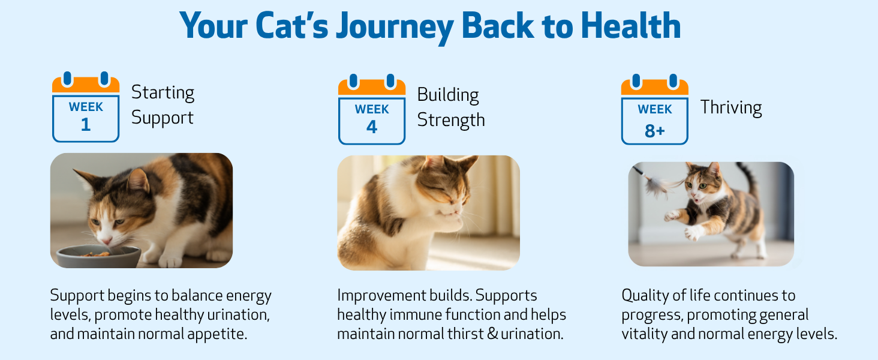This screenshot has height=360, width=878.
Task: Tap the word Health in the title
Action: tap(631, 26)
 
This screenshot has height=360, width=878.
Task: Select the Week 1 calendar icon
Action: tap(86, 107)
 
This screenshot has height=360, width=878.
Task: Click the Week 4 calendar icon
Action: tap(372, 109)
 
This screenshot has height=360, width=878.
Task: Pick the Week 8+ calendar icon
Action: tap(654, 109)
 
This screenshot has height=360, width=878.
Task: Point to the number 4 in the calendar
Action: tap(372, 127)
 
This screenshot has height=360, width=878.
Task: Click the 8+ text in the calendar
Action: tap(654, 131)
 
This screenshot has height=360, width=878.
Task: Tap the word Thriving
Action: tap(731, 107)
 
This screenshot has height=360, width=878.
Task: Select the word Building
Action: tap(447, 95)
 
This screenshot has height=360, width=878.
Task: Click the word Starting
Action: tap(163, 92)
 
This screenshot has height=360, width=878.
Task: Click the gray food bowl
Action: tap(98, 256)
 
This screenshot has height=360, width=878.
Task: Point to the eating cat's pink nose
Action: tap(106, 240)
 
